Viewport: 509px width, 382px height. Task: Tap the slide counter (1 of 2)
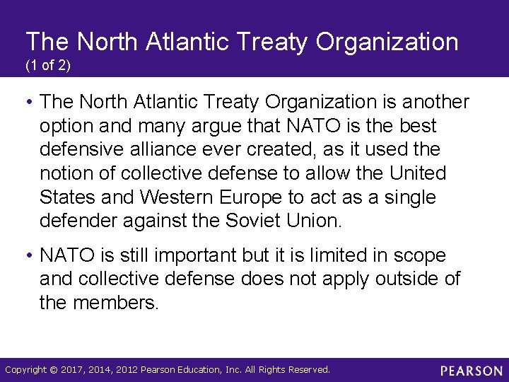[x=49, y=66]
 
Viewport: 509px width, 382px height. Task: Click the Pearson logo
[x=472, y=371]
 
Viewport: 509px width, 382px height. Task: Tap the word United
[x=419, y=173]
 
